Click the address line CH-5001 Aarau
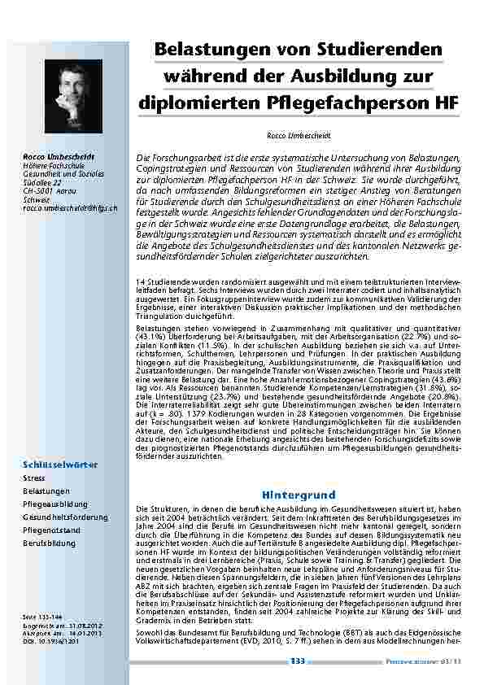(x=51, y=190)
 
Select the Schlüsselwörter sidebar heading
(x=61, y=465)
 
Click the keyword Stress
(x=34, y=478)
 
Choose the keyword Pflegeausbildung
(x=55, y=504)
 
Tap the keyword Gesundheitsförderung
(x=63, y=517)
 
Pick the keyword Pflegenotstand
(x=50, y=529)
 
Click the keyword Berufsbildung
(x=49, y=542)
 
